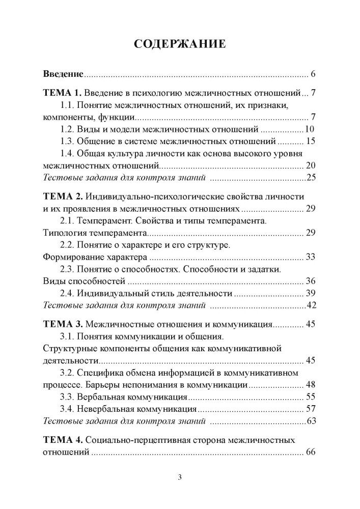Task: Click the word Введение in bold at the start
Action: click(x=62, y=75)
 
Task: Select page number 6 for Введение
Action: click(x=313, y=75)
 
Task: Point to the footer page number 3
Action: click(x=180, y=477)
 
